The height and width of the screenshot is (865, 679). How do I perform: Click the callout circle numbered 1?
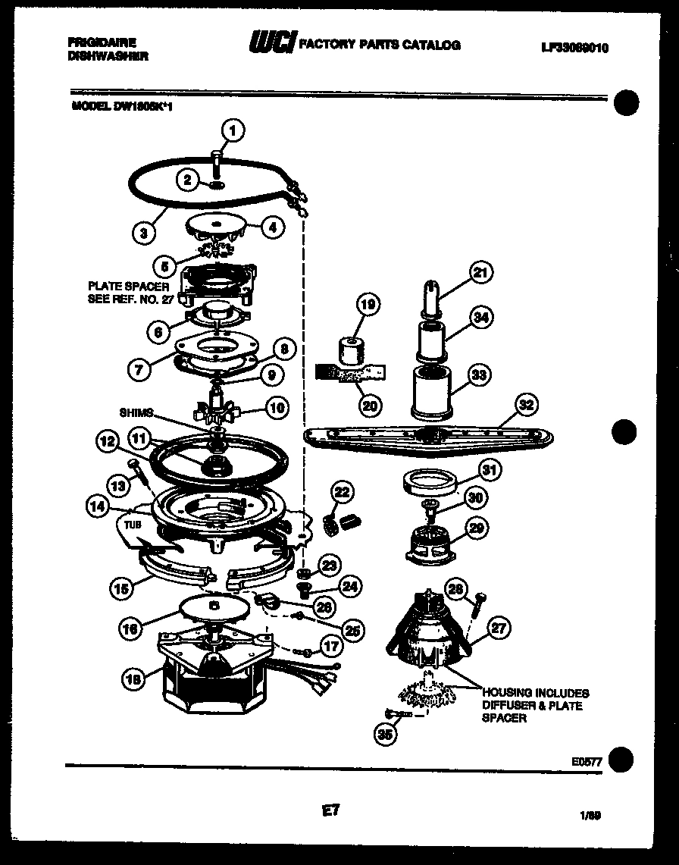click(x=233, y=130)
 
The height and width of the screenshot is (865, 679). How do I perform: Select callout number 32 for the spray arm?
click(x=525, y=404)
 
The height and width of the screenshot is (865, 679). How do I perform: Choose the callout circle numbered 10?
click(x=277, y=409)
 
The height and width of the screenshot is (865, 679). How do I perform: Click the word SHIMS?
click(x=136, y=412)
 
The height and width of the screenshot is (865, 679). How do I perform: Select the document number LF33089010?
click(x=575, y=48)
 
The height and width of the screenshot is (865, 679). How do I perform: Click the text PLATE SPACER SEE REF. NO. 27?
click(x=128, y=293)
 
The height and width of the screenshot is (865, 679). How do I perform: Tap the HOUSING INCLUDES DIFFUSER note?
click(x=534, y=705)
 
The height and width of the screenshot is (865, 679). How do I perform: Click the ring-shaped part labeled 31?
click(x=428, y=483)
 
